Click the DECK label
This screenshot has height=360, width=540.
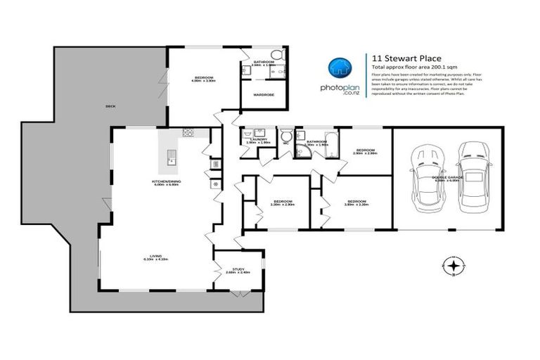coord(110,106)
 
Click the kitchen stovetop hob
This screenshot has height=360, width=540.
coord(188,132)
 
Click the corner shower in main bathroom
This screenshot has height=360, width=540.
coord(303,150)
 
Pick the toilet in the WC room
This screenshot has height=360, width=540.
coord(286,136)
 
